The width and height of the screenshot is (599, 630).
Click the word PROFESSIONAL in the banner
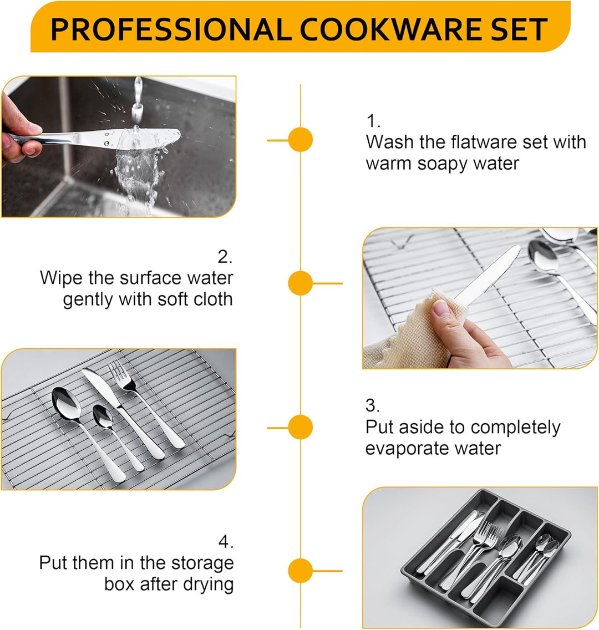171,29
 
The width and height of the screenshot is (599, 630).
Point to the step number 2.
225,257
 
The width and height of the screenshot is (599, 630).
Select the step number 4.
226,542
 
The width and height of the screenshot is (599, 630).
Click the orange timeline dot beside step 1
301,140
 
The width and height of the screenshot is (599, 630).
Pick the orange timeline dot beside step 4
301,571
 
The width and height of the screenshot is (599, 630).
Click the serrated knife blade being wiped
488,275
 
